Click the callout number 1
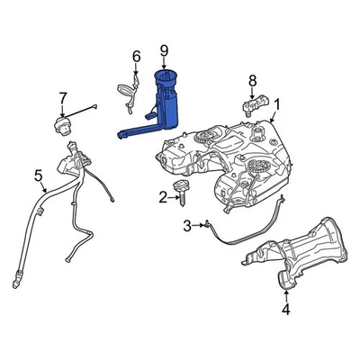(276, 105)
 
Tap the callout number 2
(163, 196)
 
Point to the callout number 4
(285, 310)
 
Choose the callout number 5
(38, 175)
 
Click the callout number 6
(136, 57)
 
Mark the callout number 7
(63, 97)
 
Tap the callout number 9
(164, 49)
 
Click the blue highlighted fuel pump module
(162, 103)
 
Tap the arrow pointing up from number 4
(285, 292)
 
